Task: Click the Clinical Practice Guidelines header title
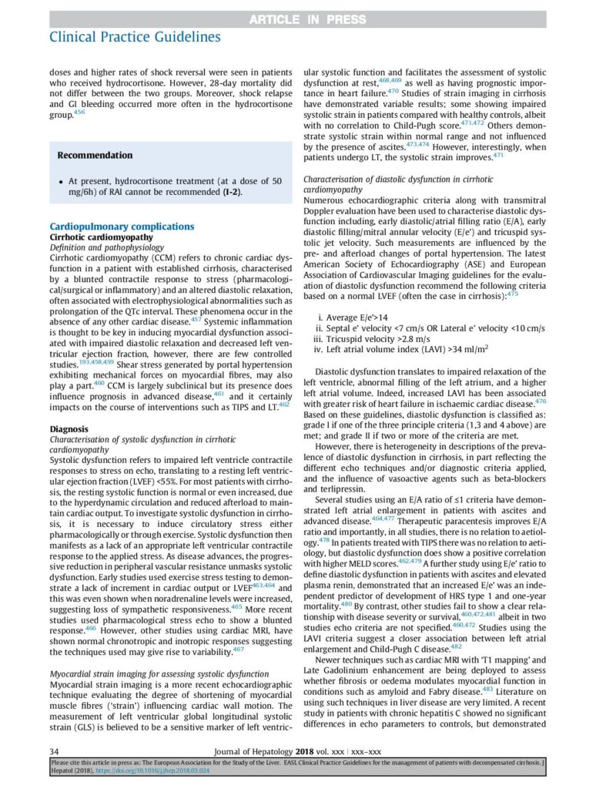click(x=134, y=36)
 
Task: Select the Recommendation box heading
click(x=95, y=155)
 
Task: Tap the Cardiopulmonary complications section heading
click(x=122, y=227)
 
